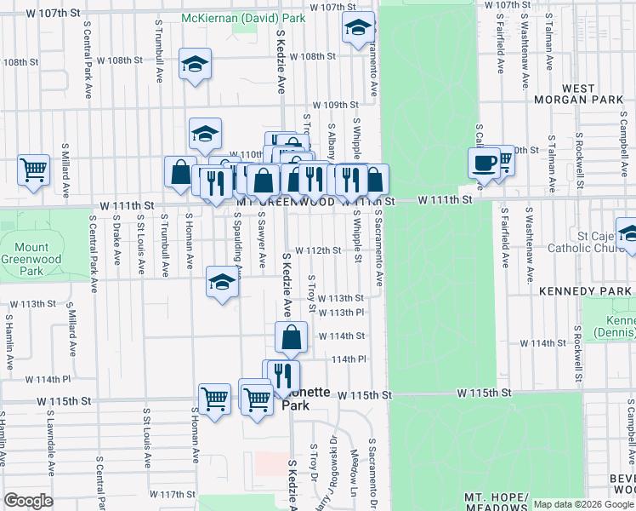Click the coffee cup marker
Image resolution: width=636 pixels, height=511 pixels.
484,162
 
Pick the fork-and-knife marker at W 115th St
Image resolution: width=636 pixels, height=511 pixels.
284,376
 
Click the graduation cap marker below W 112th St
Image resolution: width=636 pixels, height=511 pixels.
222,282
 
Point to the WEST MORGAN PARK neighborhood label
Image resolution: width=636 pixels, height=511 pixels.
579,94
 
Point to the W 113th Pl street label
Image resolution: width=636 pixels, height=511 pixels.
342,313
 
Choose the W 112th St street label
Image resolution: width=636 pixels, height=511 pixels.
323,250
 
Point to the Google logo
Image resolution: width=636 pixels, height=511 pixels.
28,501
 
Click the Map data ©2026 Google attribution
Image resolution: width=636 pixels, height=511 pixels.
582,504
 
